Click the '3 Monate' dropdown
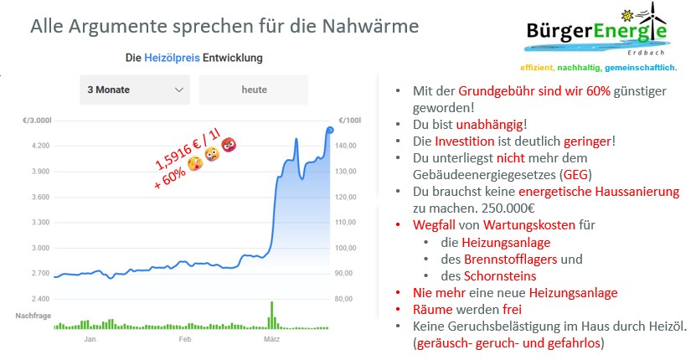point(134,90)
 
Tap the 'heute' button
point(254,90)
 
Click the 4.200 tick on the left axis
point(39,146)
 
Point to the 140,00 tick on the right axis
point(347,146)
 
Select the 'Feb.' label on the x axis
point(185,339)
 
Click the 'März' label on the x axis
point(271,339)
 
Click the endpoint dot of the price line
point(329,129)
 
